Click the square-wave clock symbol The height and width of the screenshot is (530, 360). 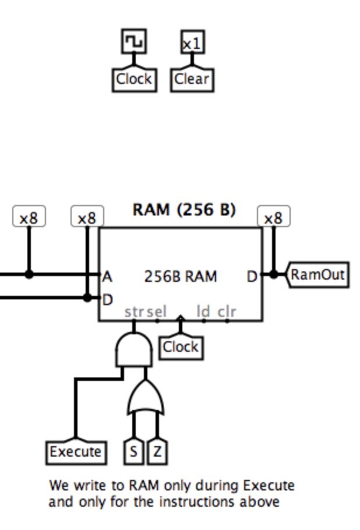pos(134,41)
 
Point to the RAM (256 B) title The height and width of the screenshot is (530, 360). pos(184,210)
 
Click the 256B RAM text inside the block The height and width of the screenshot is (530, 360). pos(181,277)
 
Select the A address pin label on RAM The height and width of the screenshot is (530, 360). pos(107,277)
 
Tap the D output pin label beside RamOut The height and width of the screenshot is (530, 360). pos(252,277)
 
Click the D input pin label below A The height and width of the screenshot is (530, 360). pos(107,300)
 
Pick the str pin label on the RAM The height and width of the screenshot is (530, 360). pos(134,312)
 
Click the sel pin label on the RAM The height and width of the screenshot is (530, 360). pos(156,312)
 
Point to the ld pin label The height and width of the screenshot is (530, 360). pos(203,312)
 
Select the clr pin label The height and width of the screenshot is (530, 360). pos(227,312)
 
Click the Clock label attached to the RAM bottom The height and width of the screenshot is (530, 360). pos(181,348)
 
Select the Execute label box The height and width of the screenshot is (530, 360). pos(76,452)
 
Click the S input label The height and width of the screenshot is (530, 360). pos(133,452)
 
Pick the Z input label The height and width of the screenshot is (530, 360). pos(157,452)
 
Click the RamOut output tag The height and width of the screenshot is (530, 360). pos(317,274)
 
